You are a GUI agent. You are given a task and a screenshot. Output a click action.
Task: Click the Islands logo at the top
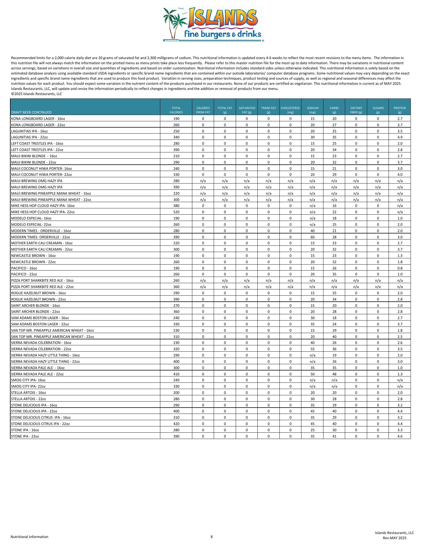(213, 25)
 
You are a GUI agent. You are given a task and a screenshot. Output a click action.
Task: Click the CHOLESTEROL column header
(290, 110)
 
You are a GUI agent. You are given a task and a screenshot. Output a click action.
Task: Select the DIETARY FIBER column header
(356, 110)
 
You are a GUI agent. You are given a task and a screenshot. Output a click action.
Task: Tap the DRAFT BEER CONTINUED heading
(31, 112)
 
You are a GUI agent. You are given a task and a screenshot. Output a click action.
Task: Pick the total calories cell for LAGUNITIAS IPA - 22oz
(176, 137)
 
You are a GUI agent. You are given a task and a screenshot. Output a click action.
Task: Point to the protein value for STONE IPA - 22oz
(400, 436)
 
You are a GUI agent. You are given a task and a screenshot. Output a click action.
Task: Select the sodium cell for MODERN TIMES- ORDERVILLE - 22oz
(312, 237)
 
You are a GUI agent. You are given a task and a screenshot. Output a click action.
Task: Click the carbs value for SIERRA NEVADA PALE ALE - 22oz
(334, 374)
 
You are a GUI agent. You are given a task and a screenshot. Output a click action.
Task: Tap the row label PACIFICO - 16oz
(24, 268)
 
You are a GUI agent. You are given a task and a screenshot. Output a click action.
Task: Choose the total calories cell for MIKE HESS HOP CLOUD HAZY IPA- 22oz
(176, 212)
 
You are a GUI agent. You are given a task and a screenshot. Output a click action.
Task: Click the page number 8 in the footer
(212, 537)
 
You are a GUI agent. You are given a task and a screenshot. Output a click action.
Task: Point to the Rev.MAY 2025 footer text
(394, 538)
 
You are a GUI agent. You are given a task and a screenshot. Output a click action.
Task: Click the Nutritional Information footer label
(29, 537)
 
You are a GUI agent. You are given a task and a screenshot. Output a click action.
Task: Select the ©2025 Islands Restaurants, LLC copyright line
(37, 94)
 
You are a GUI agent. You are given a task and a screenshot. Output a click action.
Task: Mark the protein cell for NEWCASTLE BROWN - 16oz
(400, 256)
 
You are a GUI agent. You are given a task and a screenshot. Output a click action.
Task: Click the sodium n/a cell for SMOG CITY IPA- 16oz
(312, 380)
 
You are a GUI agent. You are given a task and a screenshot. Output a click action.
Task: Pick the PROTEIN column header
(400, 110)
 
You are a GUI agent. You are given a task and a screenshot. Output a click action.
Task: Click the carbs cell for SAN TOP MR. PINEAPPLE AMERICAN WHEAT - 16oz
(334, 330)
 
